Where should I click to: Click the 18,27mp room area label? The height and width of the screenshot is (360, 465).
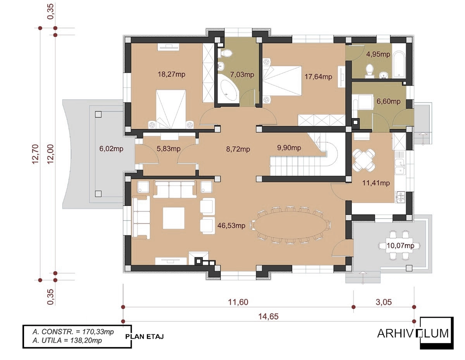click(x=171, y=74)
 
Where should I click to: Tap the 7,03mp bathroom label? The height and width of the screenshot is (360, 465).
click(x=242, y=75)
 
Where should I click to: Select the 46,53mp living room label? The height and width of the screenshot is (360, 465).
click(x=231, y=226)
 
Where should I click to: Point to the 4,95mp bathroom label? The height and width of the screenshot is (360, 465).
click(x=378, y=55)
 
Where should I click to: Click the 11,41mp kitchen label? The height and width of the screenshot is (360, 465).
click(x=376, y=183)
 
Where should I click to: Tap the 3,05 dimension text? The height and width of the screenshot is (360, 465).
click(x=384, y=302)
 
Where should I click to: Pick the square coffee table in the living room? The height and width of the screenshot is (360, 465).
click(x=174, y=218)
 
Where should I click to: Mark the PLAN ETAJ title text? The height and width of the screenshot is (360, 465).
click(x=145, y=337)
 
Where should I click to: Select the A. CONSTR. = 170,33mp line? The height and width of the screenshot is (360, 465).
click(x=73, y=332)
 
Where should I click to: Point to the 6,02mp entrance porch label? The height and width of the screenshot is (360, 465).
click(x=111, y=149)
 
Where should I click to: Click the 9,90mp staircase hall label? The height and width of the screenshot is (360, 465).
click(x=289, y=148)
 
